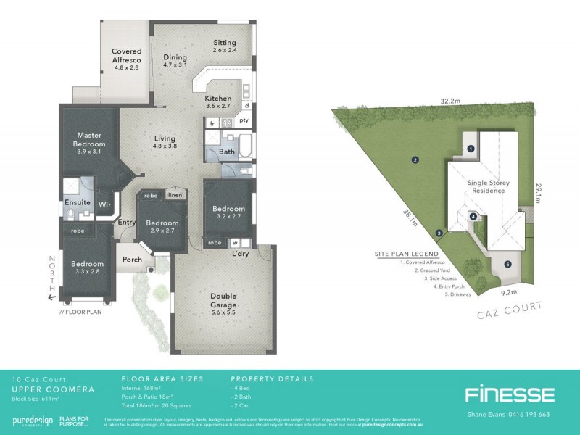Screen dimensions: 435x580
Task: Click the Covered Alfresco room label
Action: [126, 56]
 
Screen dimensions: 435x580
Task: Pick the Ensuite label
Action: [77, 204]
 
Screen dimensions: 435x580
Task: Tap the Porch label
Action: [133, 260]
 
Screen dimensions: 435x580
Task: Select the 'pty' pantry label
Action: [244, 120]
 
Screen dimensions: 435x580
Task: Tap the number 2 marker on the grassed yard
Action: [415, 160]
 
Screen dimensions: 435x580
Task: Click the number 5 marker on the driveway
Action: [507, 263]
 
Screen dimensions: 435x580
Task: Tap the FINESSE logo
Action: [509, 394]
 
